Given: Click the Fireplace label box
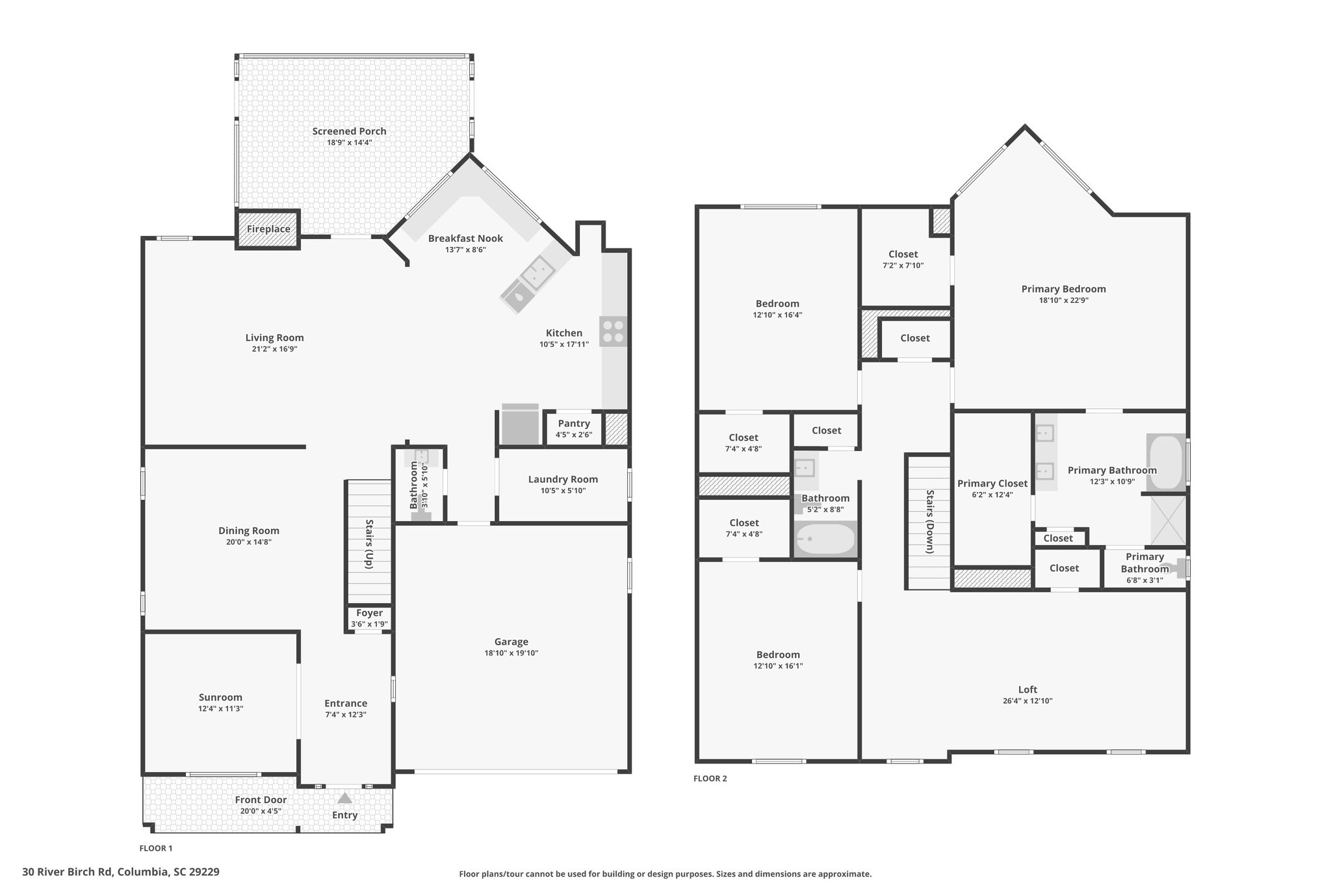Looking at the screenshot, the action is (268, 229).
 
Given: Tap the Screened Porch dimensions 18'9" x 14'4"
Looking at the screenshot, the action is (349, 142).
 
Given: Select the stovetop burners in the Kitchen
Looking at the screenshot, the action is (614, 331).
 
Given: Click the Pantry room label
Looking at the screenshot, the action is (574, 424).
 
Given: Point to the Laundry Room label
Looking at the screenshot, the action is (563, 480).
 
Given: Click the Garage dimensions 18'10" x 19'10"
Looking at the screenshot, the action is (511, 653).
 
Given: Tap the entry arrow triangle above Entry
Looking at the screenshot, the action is (344, 797).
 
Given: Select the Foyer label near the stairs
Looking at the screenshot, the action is (369, 613).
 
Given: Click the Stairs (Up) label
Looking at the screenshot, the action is (369, 544).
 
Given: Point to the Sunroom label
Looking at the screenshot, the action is (220, 697).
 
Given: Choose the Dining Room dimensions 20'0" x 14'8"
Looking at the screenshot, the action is (249, 542).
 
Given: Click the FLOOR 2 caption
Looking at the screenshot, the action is (710, 778).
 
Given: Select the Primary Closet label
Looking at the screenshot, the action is (992, 483).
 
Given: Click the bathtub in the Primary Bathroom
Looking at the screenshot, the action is (1167, 461).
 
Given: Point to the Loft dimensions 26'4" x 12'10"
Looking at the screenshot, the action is (1027, 701).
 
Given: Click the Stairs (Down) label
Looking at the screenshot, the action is (929, 522).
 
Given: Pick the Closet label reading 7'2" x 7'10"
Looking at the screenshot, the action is (903, 254).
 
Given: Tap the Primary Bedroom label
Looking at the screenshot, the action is (1063, 289).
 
